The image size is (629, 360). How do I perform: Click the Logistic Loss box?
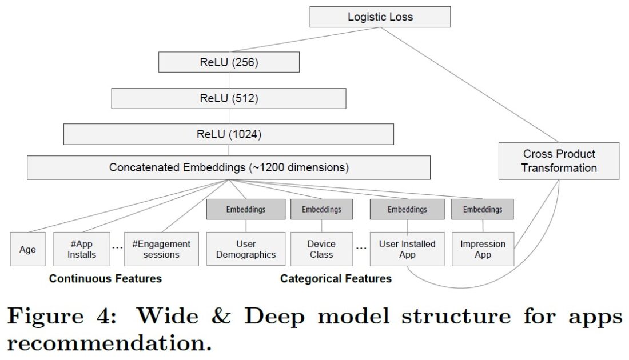[380, 17]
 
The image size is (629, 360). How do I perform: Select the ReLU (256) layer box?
[229, 62]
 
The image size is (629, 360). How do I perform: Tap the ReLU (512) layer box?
[229, 98]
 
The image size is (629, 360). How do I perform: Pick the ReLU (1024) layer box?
[229, 134]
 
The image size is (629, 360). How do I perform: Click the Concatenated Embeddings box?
[229, 168]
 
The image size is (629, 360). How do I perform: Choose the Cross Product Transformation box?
[559, 161]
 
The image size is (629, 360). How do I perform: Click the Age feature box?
[27, 249]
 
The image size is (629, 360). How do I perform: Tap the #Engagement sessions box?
[161, 249]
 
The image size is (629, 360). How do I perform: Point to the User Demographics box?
[246, 249]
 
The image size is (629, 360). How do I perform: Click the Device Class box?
[321, 249]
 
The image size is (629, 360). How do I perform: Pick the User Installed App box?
[407, 249]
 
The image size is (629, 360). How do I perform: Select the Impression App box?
[483, 249]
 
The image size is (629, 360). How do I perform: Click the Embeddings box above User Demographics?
[246, 209]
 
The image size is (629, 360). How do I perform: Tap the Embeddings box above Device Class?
[321, 209]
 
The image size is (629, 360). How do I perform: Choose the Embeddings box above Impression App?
[483, 209]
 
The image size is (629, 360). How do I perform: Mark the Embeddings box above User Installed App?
[407, 209]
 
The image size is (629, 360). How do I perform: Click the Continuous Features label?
[105, 279]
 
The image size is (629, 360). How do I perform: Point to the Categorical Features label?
[336, 279]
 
